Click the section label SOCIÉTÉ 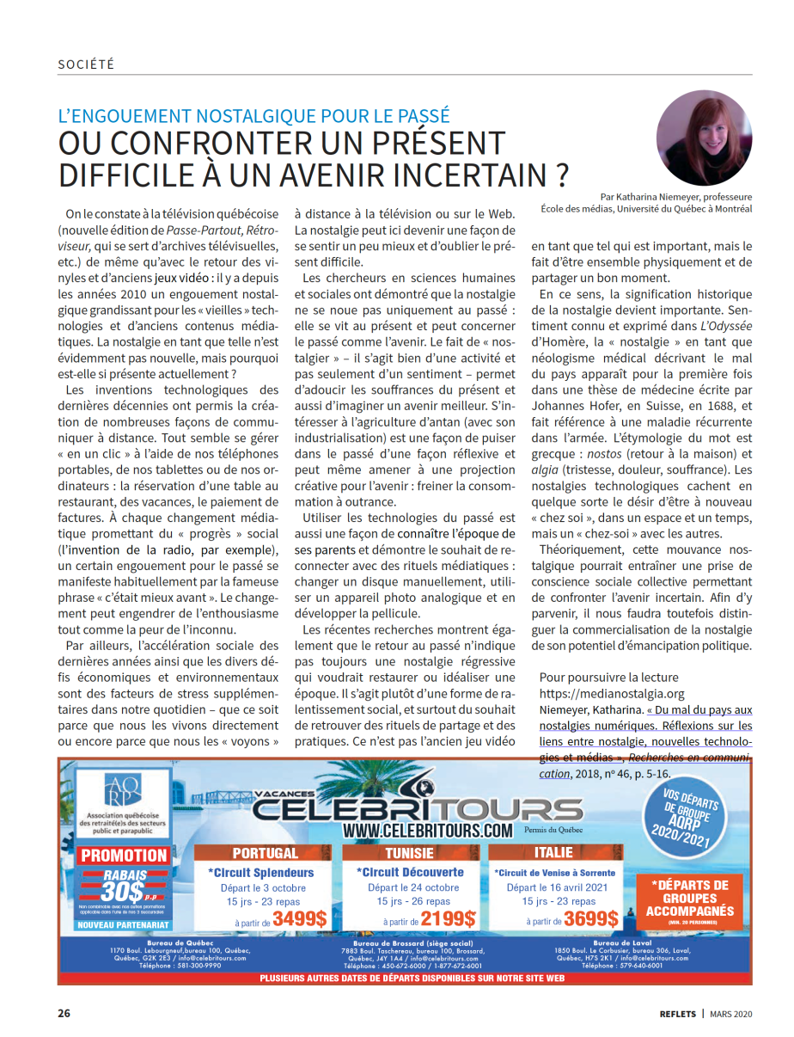(x=86, y=64)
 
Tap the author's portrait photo (x=704, y=138)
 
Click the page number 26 (x=64, y=1012)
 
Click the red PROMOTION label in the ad (x=124, y=855)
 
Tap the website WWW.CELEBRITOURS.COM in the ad (x=427, y=831)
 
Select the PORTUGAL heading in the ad (x=266, y=853)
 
